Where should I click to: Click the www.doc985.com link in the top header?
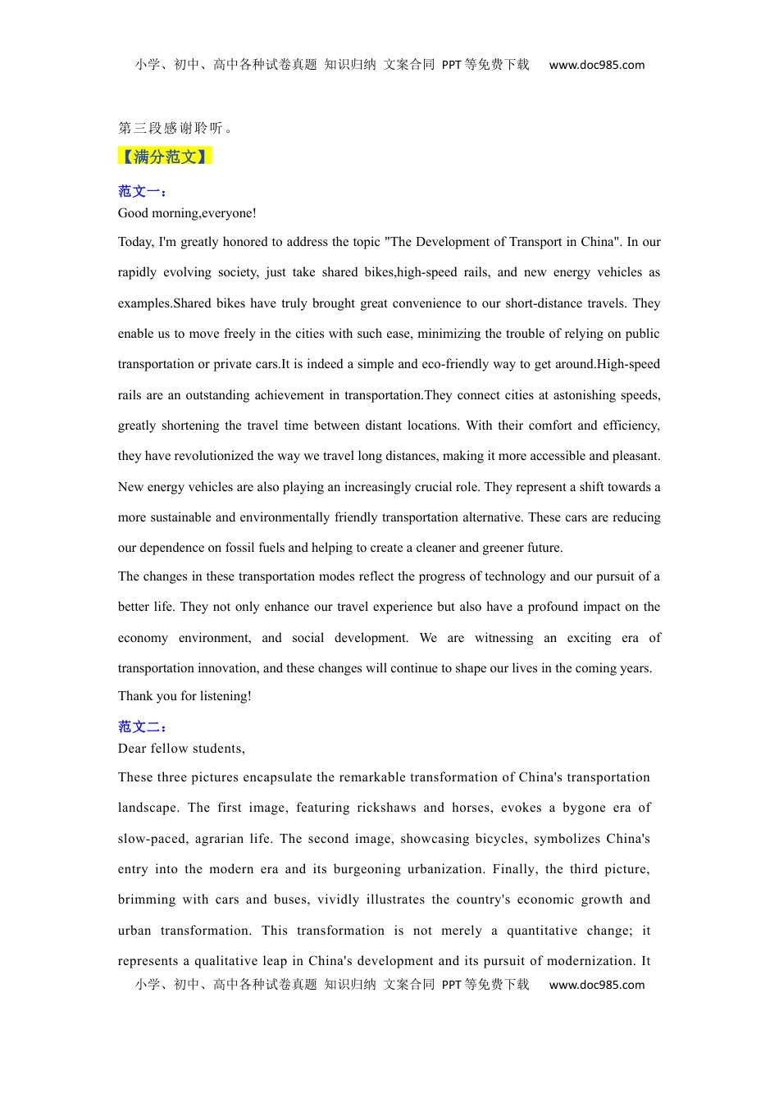click(596, 66)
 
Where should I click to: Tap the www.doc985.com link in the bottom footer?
click(596, 985)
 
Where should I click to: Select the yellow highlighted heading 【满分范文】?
click(165, 157)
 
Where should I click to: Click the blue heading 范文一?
click(143, 192)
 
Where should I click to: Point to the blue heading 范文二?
click(143, 727)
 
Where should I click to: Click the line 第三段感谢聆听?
click(175, 128)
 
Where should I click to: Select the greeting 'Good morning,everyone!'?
click(187, 213)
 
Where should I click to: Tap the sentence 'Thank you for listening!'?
click(184, 696)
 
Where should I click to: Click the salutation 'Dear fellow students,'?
click(181, 749)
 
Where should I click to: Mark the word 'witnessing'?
click(503, 638)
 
